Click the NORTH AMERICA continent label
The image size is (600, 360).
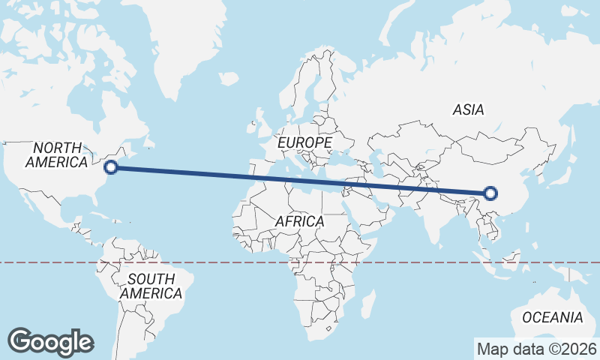pos(57,154)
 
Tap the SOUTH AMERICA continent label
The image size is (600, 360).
pos(151,286)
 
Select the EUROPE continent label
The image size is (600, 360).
pos(304,142)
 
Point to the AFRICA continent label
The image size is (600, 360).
pos(299,221)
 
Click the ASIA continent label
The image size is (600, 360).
pos(468,109)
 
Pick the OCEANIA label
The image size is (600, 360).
pos(551,317)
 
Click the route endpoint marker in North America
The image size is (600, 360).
pos(111,167)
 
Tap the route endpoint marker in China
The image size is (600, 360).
pos(490,193)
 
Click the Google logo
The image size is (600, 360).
pos(51,342)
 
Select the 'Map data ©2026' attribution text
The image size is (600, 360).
pos(537,349)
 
